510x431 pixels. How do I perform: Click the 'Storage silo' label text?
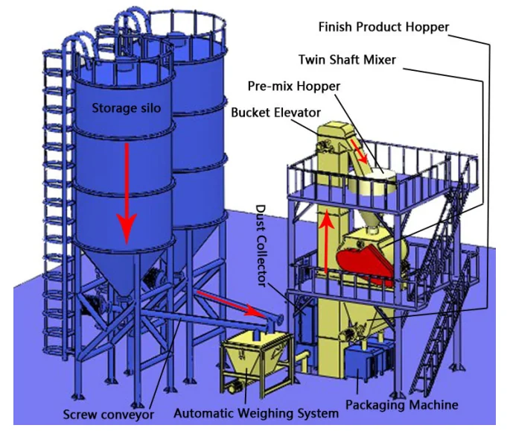127,108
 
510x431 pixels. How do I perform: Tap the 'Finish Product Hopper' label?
383,27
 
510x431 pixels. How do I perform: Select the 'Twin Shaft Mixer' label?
347,60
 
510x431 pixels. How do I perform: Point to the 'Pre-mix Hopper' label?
293,86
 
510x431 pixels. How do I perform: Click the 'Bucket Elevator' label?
275,113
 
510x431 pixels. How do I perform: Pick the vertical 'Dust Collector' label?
261,246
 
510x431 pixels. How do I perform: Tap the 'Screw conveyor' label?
108,415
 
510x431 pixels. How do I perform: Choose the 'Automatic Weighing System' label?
256,413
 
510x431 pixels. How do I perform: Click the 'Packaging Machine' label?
402,405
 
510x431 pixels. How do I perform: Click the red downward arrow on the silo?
127,194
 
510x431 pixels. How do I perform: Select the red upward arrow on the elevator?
326,242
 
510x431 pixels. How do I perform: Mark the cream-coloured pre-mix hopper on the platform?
373,183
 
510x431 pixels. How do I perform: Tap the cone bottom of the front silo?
124,271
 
